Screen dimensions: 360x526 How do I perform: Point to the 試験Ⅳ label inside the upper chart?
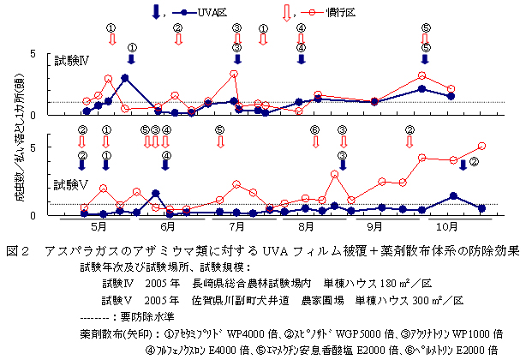click(x=72, y=62)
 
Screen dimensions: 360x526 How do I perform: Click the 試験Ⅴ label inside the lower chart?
click(x=71, y=183)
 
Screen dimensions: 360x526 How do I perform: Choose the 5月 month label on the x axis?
click(x=99, y=227)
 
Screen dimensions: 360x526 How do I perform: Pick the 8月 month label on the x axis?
click(x=308, y=227)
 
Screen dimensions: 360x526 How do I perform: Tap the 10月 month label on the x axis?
click(x=443, y=227)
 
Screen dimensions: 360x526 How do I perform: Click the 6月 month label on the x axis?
click(x=169, y=227)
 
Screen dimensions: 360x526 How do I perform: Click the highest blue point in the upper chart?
click(x=125, y=78)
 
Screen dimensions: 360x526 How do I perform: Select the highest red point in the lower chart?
click(x=481, y=147)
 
